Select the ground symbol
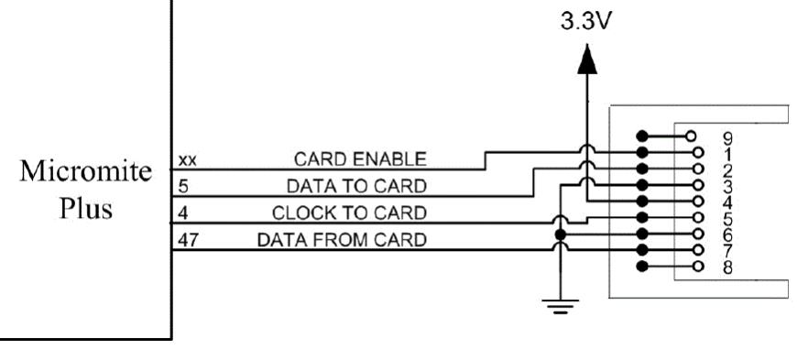pyautogui.click(x=560, y=306)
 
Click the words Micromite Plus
pyautogui.click(x=86, y=189)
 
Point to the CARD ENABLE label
pyautogui.click(x=360, y=159)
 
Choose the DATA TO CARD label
pyautogui.click(x=357, y=187)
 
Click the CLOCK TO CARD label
pyautogui.click(x=349, y=213)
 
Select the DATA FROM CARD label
pyautogui.click(x=342, y=239)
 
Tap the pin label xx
pyautogui.click(x=187, y=160)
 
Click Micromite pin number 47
pyautogui.click(x=188, y=240)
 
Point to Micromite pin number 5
pyautogui.click(x=183, y=187)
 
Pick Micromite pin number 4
pyautogui.click(x=183, y=213)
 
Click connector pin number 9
pyautogui.click(x=727, y=137)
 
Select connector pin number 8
pyautogui.click(x=727, y=267)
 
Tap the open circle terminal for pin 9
pyautogui.click(x=690, y=136)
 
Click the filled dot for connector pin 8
pyautogui.click(x=642, y=266)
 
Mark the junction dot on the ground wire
pyautogui.click(x=560, y=235)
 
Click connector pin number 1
pyautogui.click(x=727, y=154)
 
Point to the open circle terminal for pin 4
pyautogui.click(x=698, y=201)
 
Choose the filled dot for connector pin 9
pyautogui.click(x=642, y=136)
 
